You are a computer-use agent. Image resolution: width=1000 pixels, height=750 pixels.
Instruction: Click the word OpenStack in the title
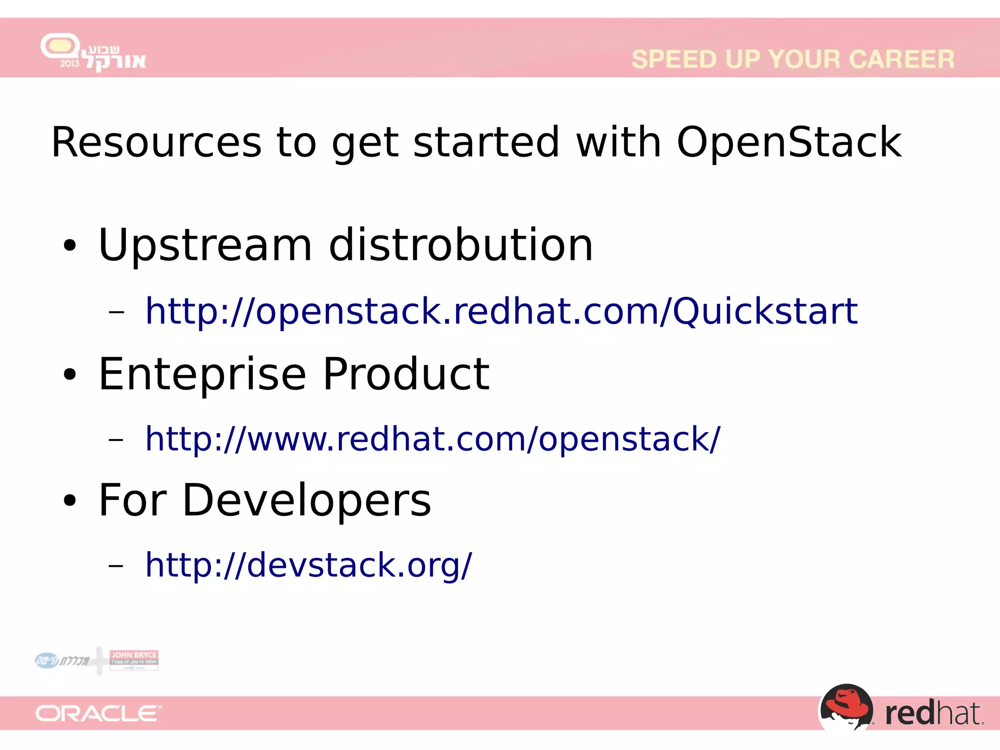tap(789, 142)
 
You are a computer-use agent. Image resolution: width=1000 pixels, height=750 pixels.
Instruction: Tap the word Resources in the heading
tap(156, 142)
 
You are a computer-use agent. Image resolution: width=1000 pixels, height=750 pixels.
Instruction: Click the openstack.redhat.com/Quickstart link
tap(501, 311)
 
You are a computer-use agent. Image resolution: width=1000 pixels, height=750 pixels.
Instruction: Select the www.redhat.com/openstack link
tap(432, 438)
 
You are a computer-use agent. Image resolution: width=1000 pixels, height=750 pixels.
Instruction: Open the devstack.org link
tap(308, 565)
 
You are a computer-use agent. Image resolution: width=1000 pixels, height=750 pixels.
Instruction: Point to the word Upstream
tap(205, 246)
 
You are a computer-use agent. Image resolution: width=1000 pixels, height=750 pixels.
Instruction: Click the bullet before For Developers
tap(70, 501)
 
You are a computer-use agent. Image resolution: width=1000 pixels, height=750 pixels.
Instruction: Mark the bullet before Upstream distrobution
tap(70, 246)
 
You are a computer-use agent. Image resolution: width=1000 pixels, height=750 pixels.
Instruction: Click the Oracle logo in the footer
tap(98, 714)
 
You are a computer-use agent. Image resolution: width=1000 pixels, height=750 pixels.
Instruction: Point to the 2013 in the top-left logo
tap(69, 63)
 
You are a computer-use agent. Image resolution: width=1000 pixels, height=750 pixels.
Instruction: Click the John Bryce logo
tap(134, 659)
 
